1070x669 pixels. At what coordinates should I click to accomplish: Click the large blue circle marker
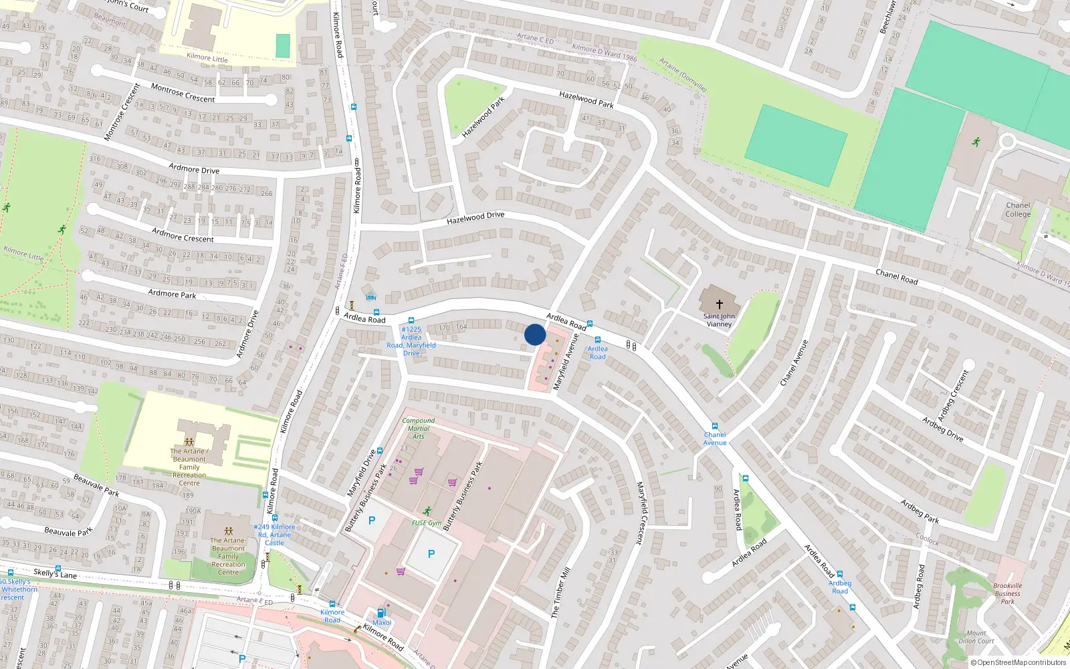click(535, 334)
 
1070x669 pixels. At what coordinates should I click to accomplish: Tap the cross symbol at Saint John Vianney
click(720, 304)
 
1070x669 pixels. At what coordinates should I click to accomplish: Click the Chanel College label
click(1018, 210)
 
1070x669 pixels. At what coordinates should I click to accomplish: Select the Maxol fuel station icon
click(381, 613)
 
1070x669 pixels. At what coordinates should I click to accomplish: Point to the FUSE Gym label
click(426, 523)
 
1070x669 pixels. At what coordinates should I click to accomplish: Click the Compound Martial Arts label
click(418, 428)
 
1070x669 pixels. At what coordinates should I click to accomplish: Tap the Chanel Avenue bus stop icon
click(714, 426)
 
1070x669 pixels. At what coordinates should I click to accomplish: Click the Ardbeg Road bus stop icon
click(840, 574)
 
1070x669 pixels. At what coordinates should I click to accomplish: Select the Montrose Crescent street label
click(183, 93)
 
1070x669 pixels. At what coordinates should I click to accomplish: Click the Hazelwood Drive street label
click(475, 217)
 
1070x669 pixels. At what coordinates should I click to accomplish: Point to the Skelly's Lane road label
click(55, 573)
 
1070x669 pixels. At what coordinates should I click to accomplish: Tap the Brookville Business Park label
click(1007, 593)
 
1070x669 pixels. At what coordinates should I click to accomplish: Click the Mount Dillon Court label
click(976, 637)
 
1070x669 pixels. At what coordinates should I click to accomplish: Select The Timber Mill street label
click(560, 593)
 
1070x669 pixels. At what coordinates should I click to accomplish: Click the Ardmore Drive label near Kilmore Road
click(194, 169)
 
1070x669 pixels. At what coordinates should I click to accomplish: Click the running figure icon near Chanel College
click(976, 142)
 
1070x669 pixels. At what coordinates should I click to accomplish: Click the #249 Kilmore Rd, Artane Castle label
click(274, 535)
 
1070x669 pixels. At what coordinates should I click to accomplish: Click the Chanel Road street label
click(896, 276)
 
